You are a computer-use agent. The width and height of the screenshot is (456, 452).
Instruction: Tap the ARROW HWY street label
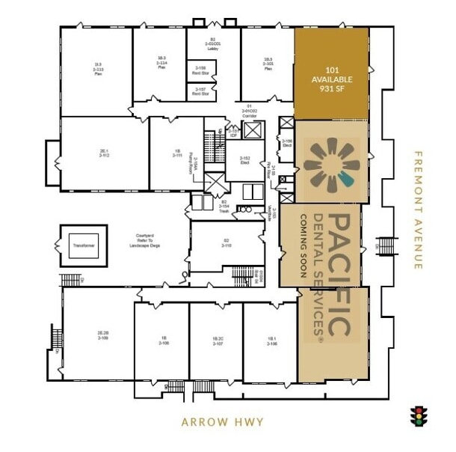(222, 422)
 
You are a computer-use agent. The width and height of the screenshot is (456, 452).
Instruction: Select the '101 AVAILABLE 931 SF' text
(332, 79)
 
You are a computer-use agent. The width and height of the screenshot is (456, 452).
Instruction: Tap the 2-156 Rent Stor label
(200, 72)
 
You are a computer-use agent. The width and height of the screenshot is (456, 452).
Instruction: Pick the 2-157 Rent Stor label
(200, 92)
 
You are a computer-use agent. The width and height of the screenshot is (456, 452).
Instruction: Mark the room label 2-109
(103, 335)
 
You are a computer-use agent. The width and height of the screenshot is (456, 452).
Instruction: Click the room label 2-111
(178, 153)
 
